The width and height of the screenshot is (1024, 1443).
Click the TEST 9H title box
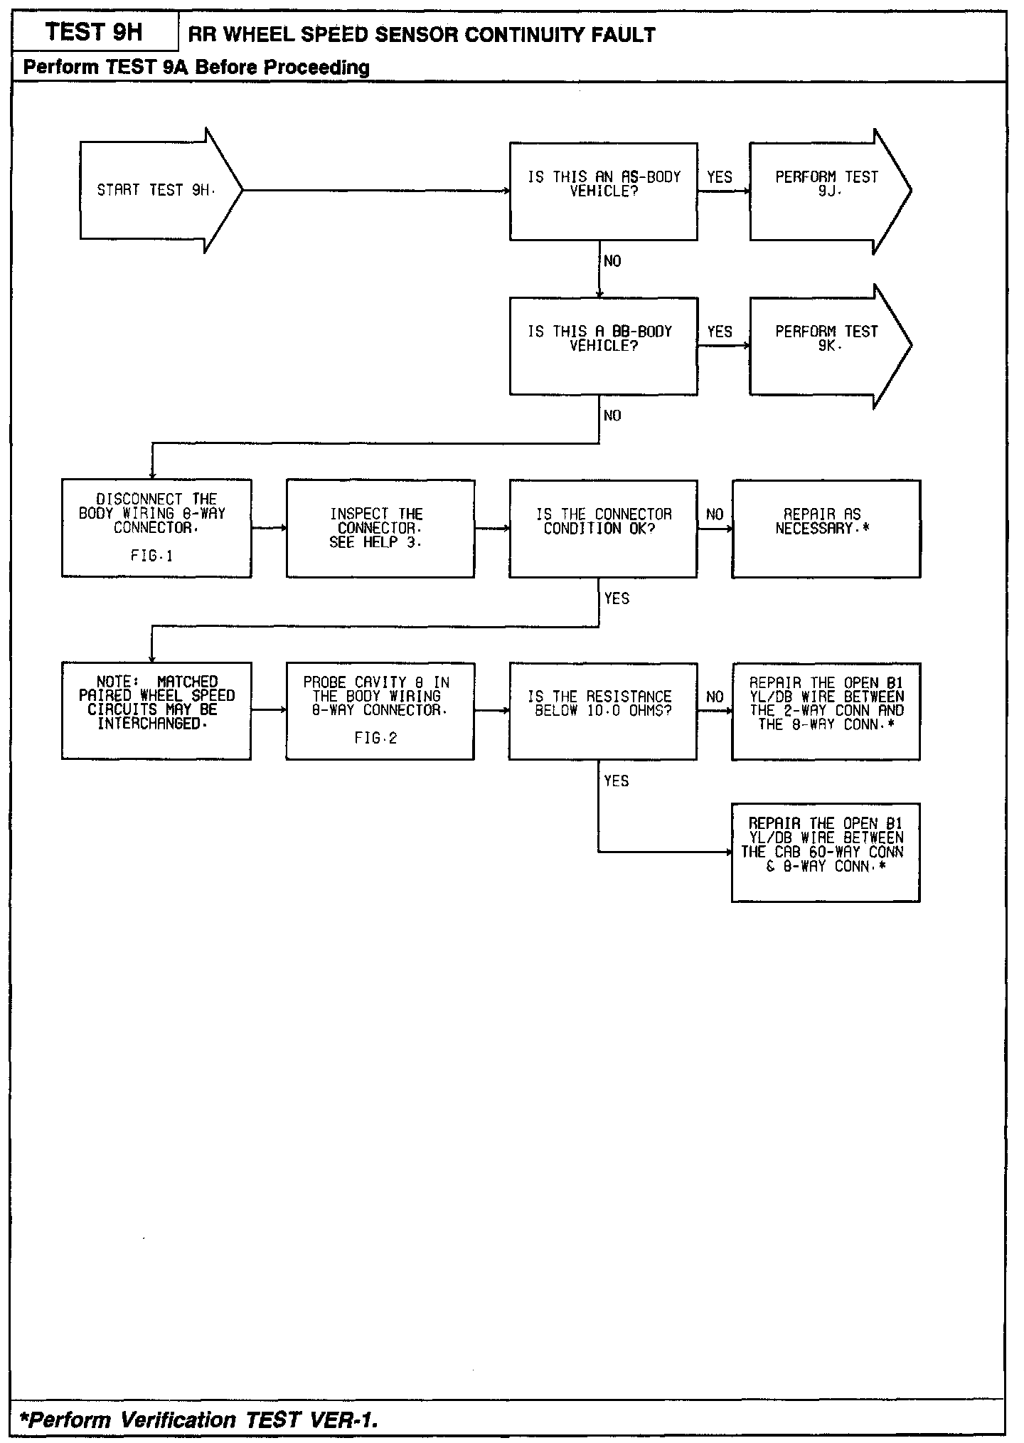click(x=94, y=33)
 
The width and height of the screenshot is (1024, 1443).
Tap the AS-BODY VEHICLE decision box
click(x=603, y=191)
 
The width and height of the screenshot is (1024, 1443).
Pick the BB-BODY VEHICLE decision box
click(x=603, y=345)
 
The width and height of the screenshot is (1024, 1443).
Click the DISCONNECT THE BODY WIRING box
click(x=156, y=528)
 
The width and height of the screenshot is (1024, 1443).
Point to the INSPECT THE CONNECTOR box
click(x=380, y=528)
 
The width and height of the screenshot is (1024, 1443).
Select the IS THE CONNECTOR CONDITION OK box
click(x=603, y=528)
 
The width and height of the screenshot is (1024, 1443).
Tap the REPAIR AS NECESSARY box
click(x=826, y=528)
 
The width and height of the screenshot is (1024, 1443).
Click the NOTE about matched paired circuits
click(x=156, y=711)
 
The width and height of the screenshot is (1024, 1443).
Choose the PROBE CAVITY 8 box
click(x=380, y=711)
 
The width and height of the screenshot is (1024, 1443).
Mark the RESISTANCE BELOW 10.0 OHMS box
click(x=603, y=711)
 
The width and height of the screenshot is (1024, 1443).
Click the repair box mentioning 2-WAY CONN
click(x=826, y=711)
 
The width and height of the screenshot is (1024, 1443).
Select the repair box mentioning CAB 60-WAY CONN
click(x=826, y=852)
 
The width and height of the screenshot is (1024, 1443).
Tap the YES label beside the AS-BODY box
click(x=720, y=177)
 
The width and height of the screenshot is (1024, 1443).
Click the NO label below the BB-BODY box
click(x=612, y=416)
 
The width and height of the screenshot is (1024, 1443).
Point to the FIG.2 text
click(x=376, y=739)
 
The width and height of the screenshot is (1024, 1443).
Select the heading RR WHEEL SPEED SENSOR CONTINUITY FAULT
click(x=422, y=34)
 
